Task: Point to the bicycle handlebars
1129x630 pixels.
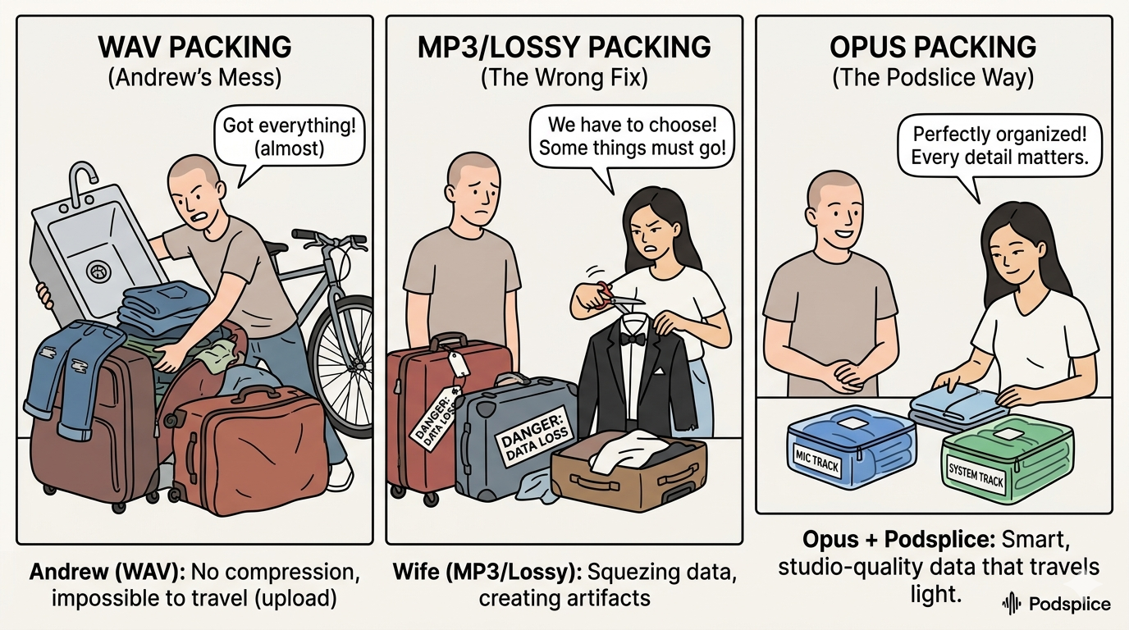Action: pyautogui.click(x=328, y=238)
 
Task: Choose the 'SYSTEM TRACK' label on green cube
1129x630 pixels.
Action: pyautogui.click(x=976, y=475)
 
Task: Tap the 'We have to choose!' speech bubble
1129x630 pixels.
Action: pyautogui.click(x=631, y=139)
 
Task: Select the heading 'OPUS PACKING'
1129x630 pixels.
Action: pyautogui.click(x=932, y=47)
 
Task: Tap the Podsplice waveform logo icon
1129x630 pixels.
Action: pyautogui.click(x=1012, y=605)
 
